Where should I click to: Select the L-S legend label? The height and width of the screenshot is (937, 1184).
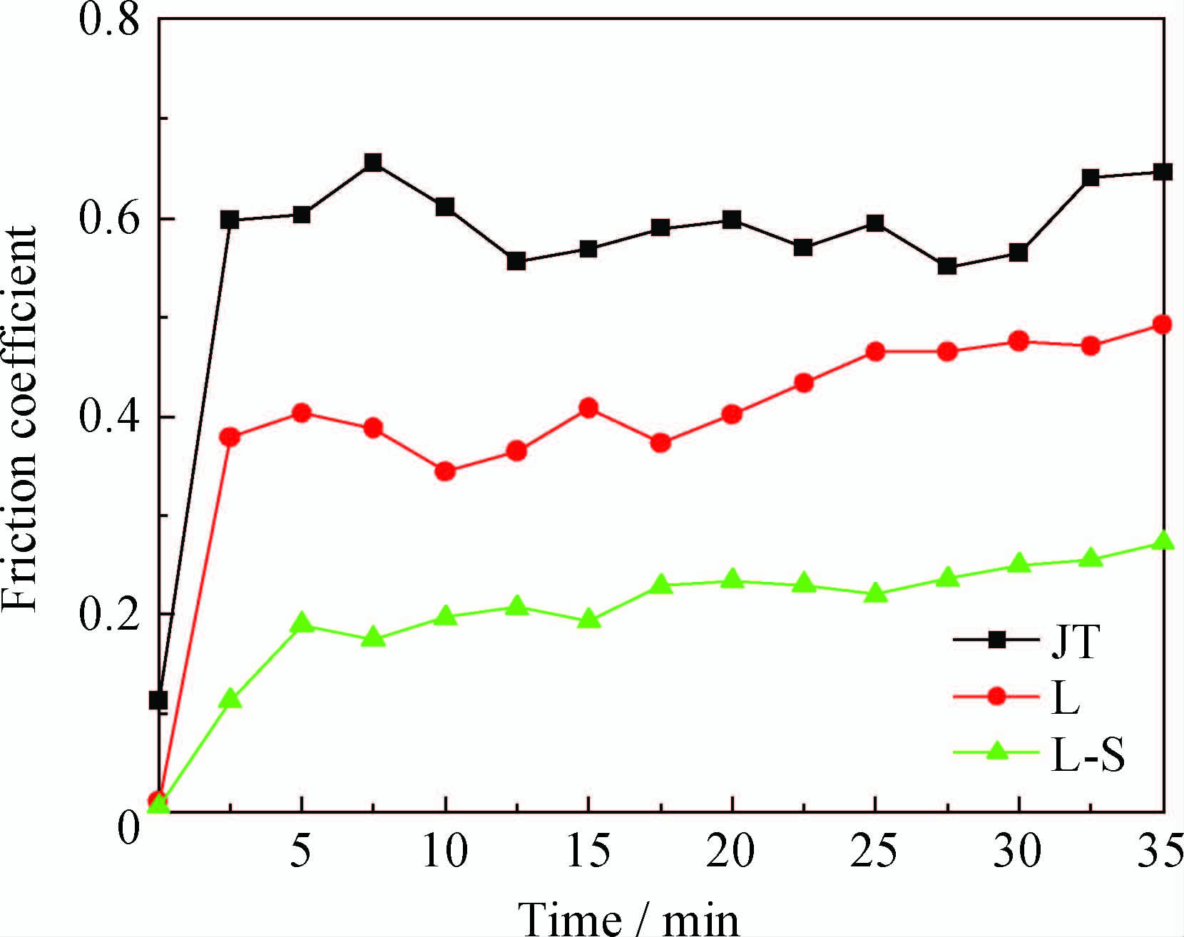click(x=1088, y=755)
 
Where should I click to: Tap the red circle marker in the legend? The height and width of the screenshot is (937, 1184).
click(x=997, y=697)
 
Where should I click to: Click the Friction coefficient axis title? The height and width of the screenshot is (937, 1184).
click(x=20, y=419)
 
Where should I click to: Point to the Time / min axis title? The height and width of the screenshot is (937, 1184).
click(x=628, y=918)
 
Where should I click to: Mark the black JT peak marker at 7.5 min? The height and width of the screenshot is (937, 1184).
click(x=373, y=163)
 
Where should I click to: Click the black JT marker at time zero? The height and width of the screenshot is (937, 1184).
click(x=158, y=700)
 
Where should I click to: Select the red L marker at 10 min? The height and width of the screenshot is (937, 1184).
click(x=445, y=471)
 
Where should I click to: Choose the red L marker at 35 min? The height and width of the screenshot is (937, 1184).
click(x=1163, y=325)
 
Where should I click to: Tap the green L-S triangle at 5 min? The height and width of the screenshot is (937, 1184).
click(x=302, y=623)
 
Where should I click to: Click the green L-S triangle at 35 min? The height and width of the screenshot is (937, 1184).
click(x=1163, y=541)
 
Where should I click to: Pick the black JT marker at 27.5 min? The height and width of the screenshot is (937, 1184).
click(x=947, y=267)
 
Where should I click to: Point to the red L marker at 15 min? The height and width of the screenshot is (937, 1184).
click(x=588, y=408)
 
